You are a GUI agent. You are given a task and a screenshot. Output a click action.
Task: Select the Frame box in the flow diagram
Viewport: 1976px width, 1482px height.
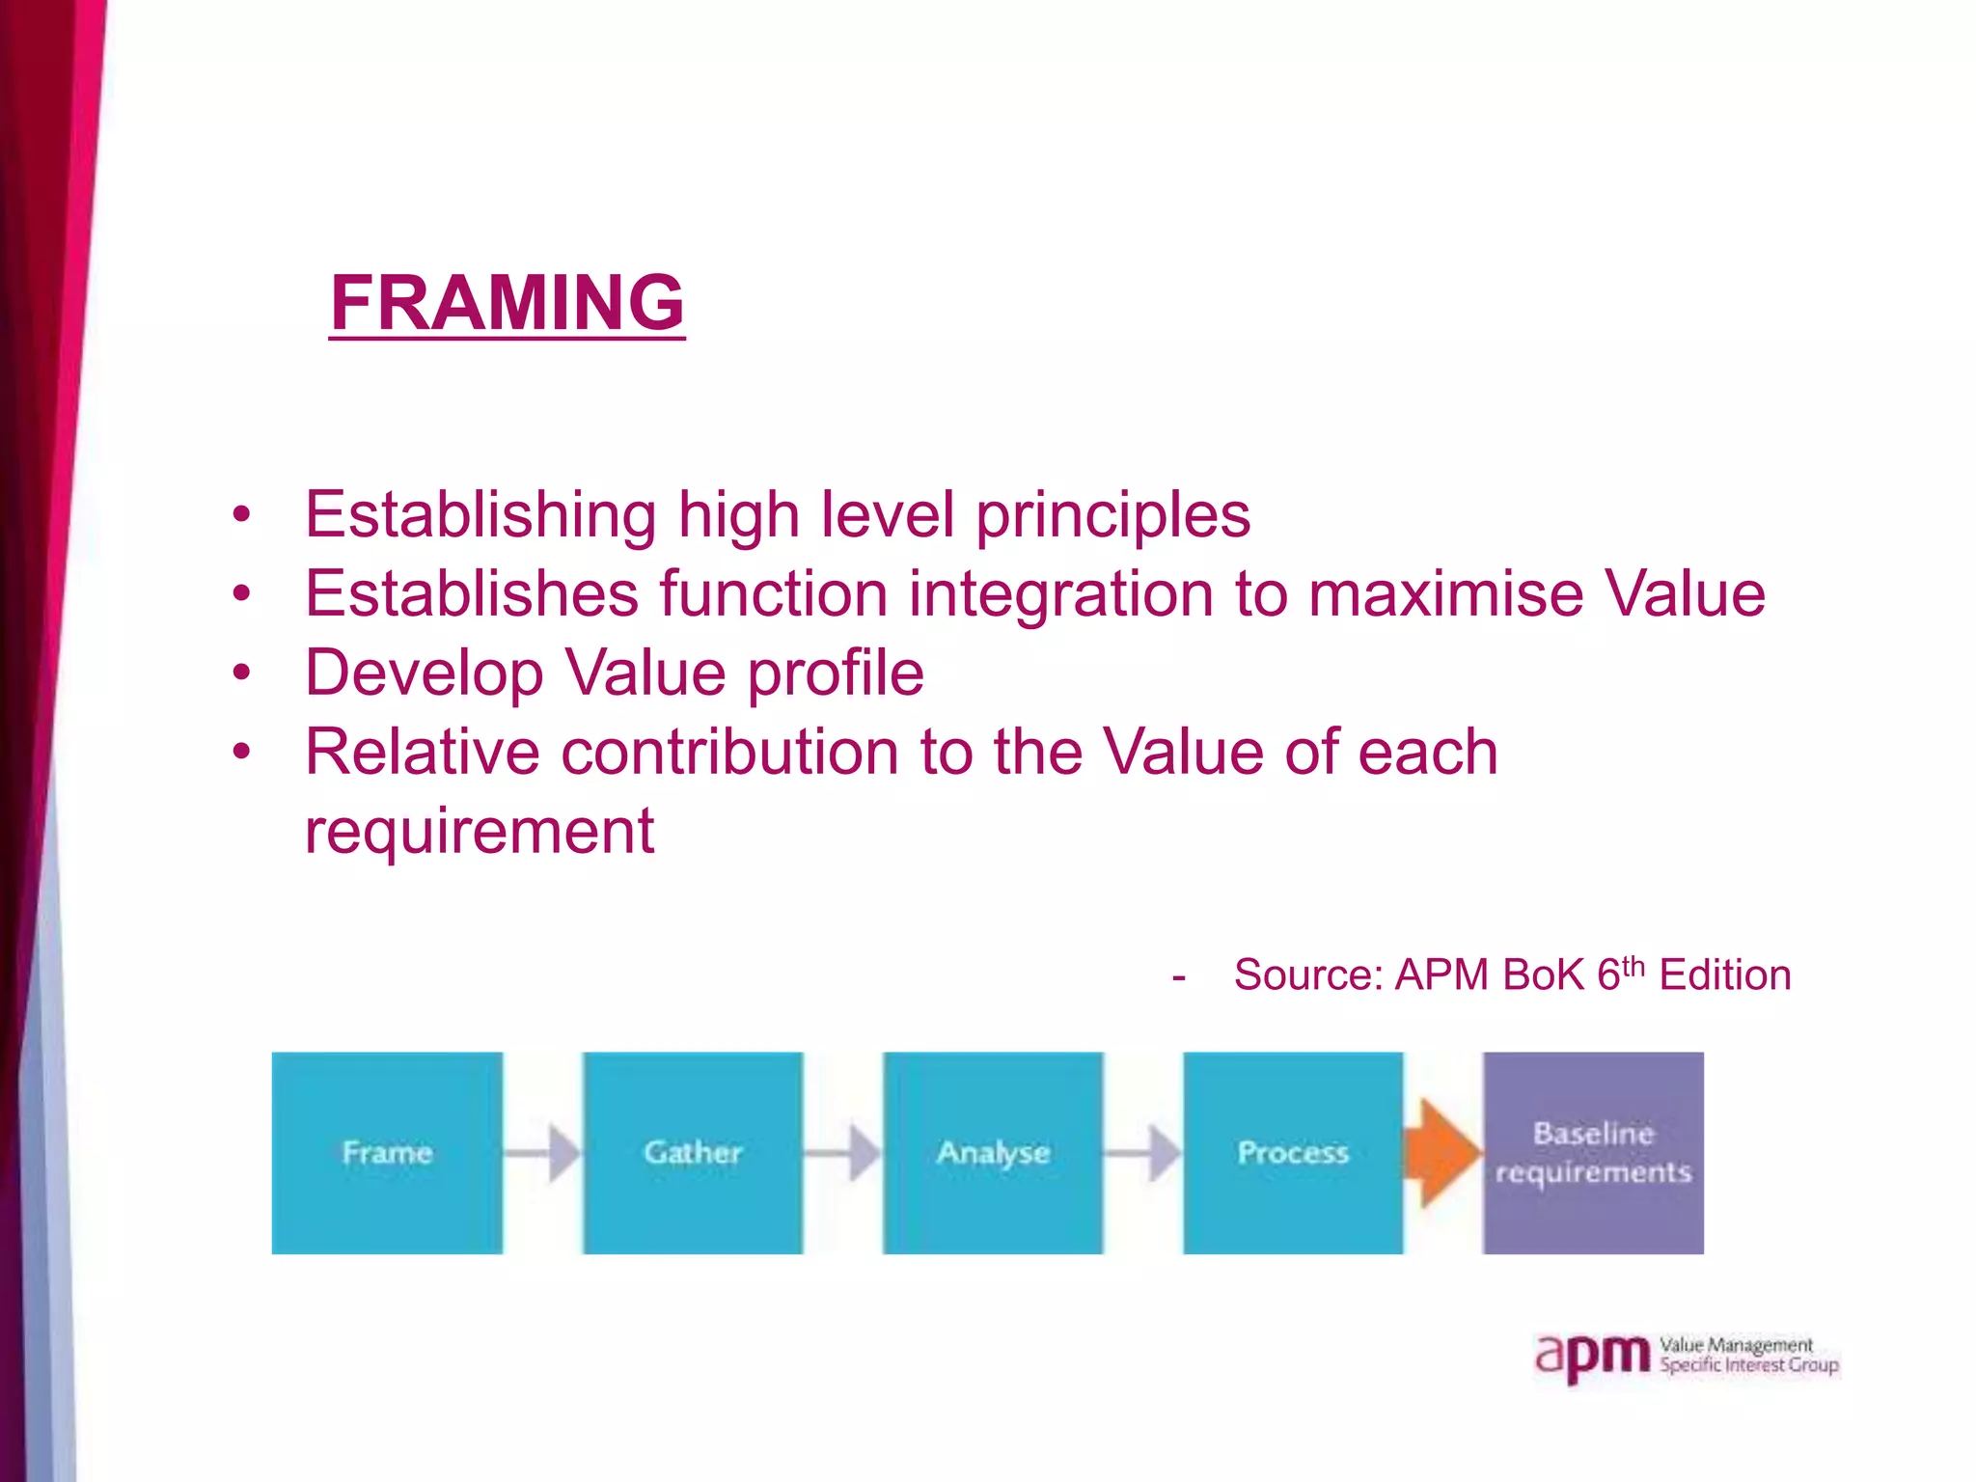coord(387,1152)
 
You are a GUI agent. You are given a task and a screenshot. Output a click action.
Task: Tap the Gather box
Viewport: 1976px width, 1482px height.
coord(693,1152)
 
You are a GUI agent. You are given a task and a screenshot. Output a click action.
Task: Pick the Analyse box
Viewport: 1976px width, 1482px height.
coord(993,1152)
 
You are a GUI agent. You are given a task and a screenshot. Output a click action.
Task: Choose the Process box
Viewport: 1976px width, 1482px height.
coord(1293,1152)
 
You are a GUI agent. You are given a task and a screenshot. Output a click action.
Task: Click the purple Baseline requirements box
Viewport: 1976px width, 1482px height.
coord(1593,1152)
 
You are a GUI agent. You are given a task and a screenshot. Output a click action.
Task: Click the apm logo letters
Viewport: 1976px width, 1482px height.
coord(1592,1357)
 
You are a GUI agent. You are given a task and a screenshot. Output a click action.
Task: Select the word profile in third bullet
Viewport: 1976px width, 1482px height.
coord(836,672)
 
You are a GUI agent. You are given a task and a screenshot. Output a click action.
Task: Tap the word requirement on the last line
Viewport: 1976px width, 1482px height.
coord(480,831)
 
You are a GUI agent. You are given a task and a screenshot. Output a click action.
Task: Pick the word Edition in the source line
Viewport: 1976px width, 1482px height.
coord(1724,975)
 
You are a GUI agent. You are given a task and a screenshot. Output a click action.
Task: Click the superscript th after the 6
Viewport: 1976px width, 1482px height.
coord(1633,964)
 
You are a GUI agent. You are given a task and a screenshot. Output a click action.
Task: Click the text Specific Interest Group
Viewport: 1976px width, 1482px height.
coord(1748,1365)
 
